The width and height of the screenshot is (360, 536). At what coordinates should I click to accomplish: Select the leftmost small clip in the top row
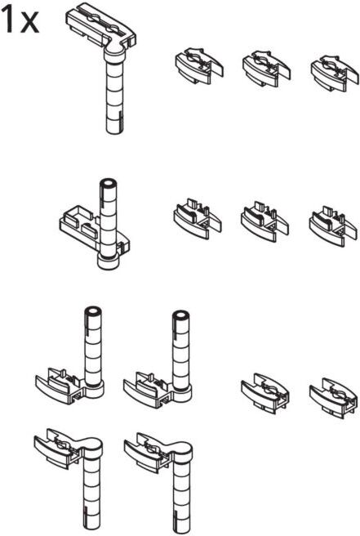(199, 66)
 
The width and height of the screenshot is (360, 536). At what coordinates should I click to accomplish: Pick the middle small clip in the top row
(266, 69)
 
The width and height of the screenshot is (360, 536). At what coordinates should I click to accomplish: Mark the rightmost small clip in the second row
(333, 225)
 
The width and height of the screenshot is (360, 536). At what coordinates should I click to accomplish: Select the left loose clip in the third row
(265, 391)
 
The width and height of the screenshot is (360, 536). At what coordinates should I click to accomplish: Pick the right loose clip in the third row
(333, 396)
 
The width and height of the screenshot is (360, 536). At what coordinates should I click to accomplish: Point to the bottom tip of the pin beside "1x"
(114, 132)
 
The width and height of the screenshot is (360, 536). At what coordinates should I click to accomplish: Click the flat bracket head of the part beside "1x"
(100, 28)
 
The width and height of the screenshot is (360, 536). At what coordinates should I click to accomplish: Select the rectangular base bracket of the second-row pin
(94, 230)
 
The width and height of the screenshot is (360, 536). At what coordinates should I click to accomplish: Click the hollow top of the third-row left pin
(93, 312)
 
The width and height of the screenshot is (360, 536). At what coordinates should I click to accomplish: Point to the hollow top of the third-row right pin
(181, 316)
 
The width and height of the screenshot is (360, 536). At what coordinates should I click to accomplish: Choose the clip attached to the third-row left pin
(60, 385)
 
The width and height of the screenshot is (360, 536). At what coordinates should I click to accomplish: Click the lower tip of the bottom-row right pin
(181, 532)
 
